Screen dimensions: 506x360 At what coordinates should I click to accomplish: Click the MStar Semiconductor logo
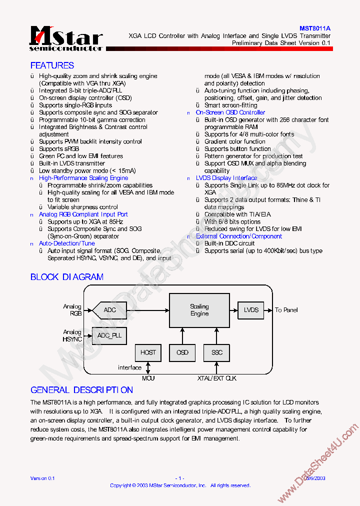[66, 39]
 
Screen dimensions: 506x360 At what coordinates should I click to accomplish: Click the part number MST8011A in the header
[315, 29]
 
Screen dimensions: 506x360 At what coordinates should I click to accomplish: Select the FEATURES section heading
[52, 65]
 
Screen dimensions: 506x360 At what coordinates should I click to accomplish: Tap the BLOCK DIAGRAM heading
[67, 277]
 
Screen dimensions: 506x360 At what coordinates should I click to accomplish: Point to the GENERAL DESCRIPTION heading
[82, 390]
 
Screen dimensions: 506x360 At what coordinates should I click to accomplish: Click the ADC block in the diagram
[110, 310]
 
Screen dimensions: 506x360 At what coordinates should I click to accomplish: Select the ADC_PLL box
[109, 335]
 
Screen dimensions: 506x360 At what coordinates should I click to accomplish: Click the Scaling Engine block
[199, 310]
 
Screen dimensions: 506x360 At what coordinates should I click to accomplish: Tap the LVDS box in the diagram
[251, 310]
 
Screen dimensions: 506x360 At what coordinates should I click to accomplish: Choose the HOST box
[148, 352]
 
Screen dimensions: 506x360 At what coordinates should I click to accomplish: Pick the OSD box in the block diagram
[182, 352]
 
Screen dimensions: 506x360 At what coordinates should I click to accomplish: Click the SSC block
[216, 352]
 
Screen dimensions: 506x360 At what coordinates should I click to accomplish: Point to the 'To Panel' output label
[286, 310]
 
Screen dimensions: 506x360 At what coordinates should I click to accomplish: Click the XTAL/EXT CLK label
[216, 378]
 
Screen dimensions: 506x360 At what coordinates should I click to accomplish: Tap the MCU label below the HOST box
[148, 378]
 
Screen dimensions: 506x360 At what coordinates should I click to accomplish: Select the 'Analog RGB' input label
[72, 310]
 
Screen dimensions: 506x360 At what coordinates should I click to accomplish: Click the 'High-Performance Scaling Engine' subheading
[83, 178]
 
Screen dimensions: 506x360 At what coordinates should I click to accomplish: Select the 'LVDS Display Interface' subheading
[226, 178]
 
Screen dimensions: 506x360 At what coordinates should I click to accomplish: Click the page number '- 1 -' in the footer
[180, 478]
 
